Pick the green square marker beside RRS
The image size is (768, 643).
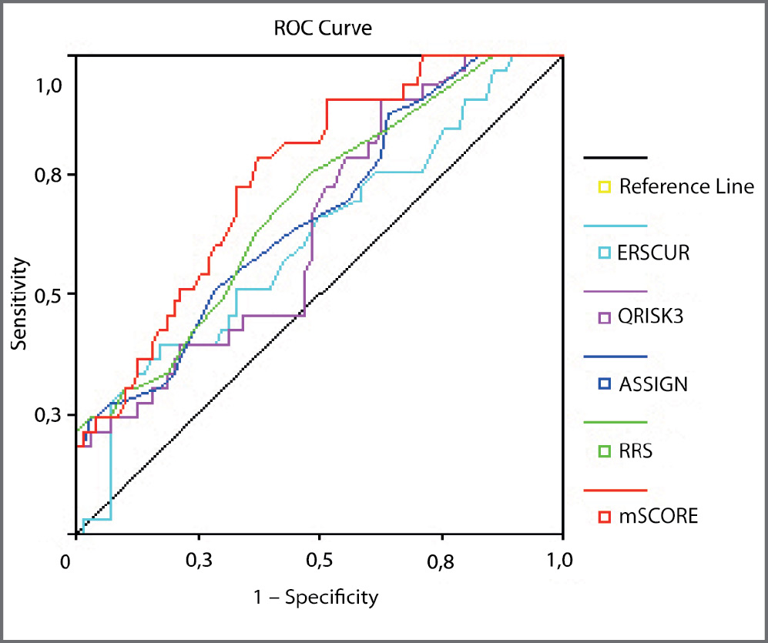click(x=605, y=450)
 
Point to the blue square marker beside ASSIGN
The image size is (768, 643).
click(x=605, y=383)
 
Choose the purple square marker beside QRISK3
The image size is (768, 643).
click(x=605, y=317)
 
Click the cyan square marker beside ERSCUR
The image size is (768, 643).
click(x=605, y=252)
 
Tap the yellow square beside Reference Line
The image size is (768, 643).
click(x=605, y=186)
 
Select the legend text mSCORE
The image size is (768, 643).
click(x=659, y=515)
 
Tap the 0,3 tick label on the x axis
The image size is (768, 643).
click(x=199, y=558)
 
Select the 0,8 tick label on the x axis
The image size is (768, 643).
click(x=441, y=558)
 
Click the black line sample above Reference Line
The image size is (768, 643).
click(x=615, y=158)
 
